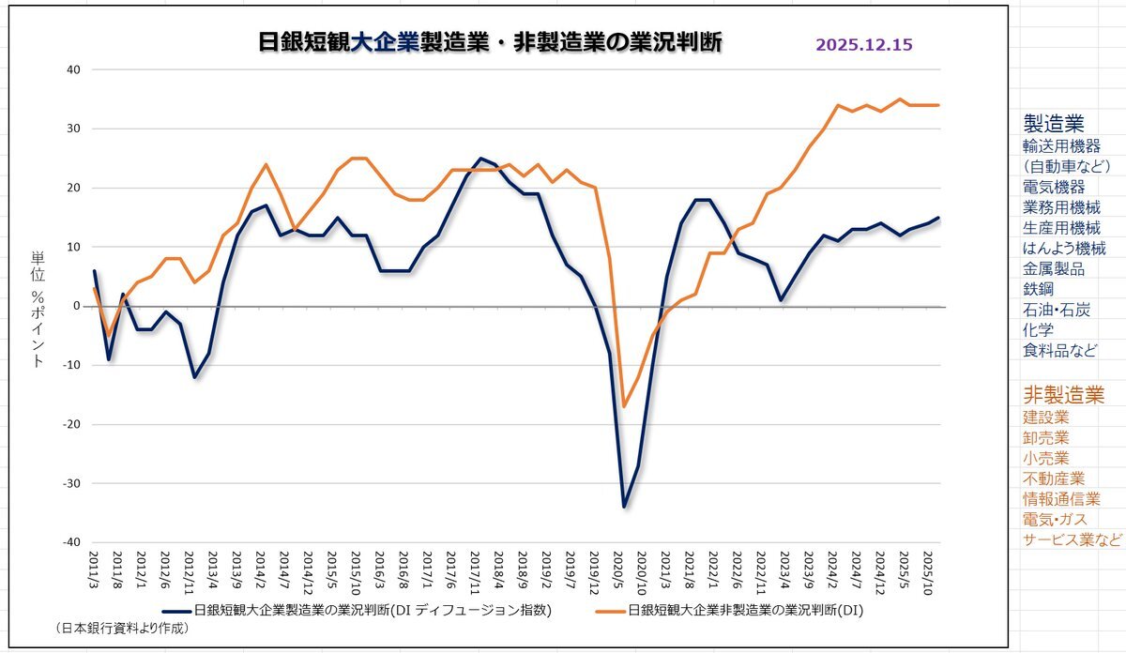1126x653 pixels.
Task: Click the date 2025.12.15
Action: (x=864, y=44)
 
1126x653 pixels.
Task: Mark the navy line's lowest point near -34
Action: (x=624, y=507)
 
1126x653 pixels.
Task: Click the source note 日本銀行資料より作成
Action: (x=122, y=628)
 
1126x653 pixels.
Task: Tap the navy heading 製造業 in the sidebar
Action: (x=1053, y=123)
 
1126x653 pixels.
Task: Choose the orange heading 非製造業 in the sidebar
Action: (x=1063, y=394)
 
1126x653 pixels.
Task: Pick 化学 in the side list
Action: (x=1039, y=330)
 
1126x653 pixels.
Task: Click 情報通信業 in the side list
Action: (x=1061, y=499)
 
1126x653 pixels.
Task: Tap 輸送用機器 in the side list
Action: (x=1061, y=146)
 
